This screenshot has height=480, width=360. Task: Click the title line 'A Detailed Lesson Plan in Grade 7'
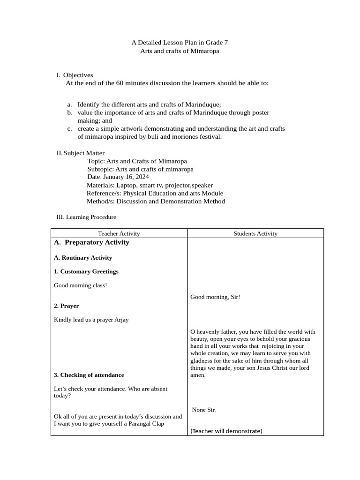coord(180,42)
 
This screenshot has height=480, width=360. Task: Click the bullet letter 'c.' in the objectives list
coord(69,128)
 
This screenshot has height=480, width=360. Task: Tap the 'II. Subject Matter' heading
coord(80,153)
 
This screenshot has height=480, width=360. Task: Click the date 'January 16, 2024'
coord(126,177)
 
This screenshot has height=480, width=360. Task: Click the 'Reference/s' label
coord(103,193)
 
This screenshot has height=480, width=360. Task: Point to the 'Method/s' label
coord(100,201)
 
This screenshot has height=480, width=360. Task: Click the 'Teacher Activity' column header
coord(119,233)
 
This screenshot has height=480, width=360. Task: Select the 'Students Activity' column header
coord(255,233)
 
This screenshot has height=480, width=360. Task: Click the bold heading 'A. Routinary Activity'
coord(83,257)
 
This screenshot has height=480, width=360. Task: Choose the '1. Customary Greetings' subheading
coord(86,271)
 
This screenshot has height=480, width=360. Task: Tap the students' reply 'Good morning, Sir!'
coord(215,297)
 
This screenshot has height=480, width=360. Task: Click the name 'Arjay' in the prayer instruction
coord(120,320)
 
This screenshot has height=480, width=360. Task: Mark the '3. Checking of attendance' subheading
coord(89,375)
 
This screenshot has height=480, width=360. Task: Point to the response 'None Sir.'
coord(204,410)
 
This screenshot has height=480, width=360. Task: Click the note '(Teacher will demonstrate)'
coord(226,431)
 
